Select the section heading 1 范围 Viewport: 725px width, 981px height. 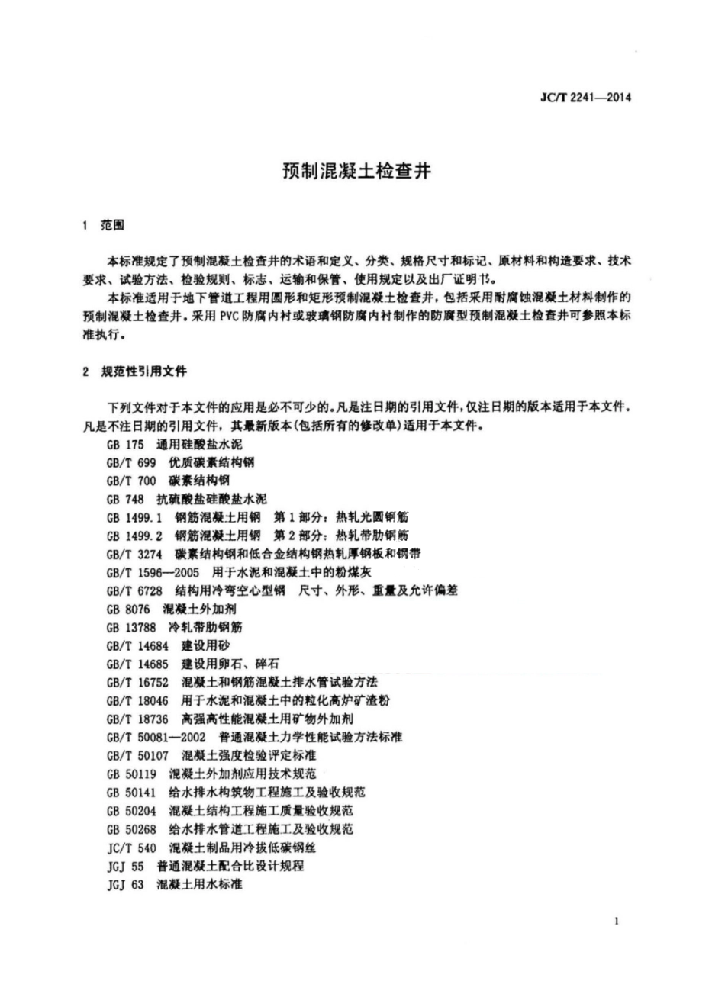tap(102, 226)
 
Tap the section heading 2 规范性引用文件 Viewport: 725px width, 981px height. tap(134, 372)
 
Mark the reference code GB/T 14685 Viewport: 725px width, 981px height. tap(137, 664)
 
